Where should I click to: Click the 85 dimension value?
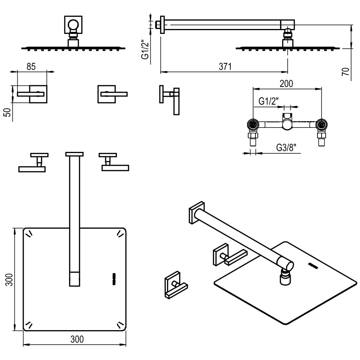click(x=31, y=66)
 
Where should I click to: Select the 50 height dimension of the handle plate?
click(x=8, y=112)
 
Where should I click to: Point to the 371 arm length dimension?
click(x=225, y=66)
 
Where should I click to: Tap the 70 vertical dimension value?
click(x=346, y=71)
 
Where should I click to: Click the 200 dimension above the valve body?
click(x=286, y=83)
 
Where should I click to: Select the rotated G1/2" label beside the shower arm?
click(x=145, y=49)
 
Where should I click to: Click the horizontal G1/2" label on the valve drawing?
click(x=268, y=101)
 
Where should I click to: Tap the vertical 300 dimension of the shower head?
click(x=10, y=279)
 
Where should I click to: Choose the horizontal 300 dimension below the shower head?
click(x=77, y=339)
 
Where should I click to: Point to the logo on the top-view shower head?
click(x=114, y=279)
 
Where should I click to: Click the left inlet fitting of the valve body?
click(x=253, y=125)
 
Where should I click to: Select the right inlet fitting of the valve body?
click(x=321, y=125)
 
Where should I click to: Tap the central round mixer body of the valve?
click(x=287, y=125)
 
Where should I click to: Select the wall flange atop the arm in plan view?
click(x=74, y=154)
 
